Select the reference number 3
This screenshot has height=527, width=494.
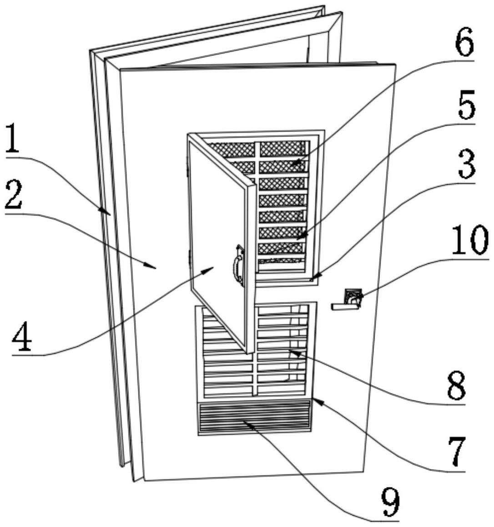tap(465, 166)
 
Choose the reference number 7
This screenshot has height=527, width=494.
tap(456, 452)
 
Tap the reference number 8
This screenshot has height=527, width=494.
tap(456, 386)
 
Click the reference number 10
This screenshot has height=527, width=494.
tap(471, 241)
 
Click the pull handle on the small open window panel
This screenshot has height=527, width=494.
tap(238, 266)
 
